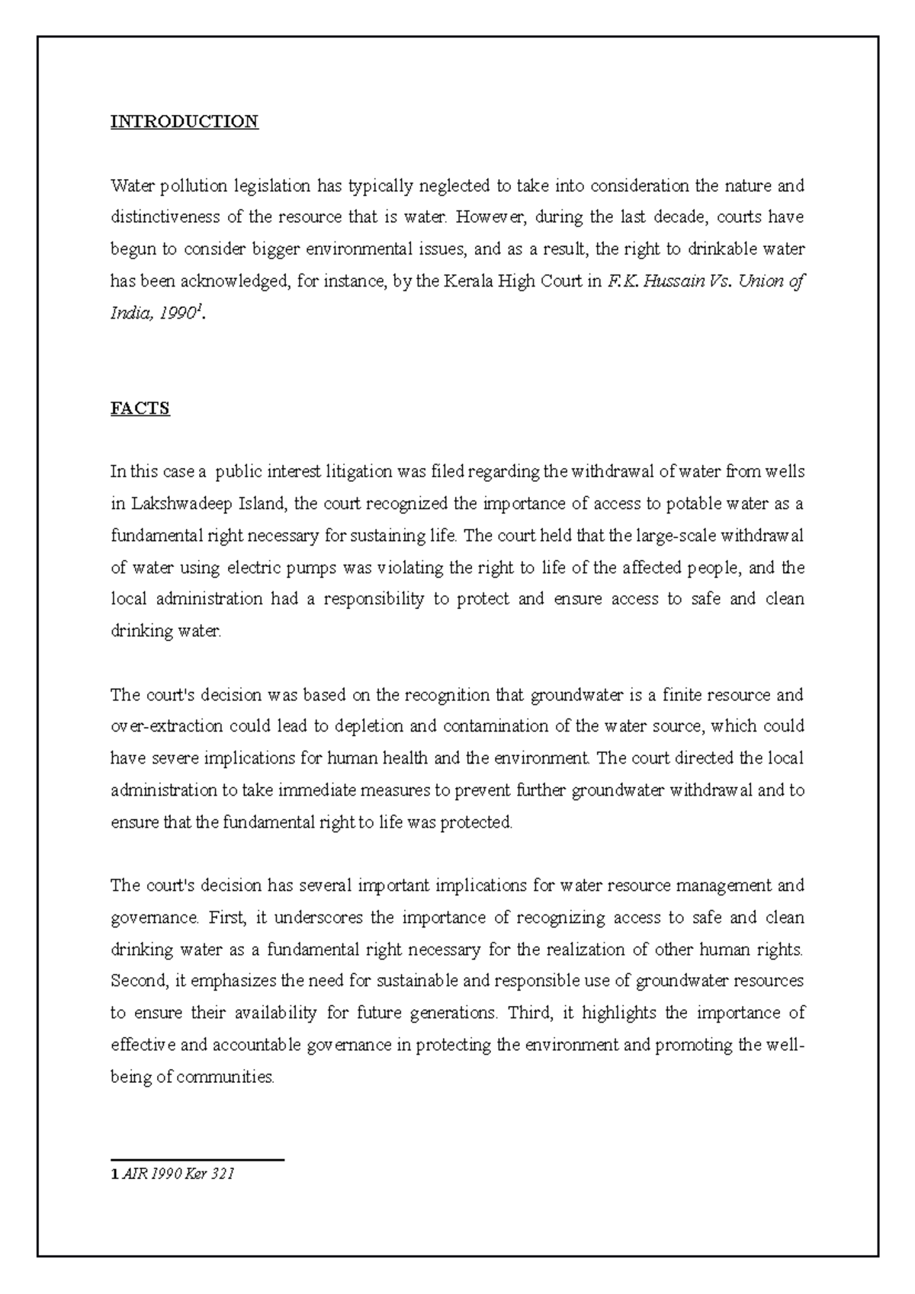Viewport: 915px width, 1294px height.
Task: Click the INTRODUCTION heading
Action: [x=185, y=122]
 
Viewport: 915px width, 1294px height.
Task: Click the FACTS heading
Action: [x=140, y=408]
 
